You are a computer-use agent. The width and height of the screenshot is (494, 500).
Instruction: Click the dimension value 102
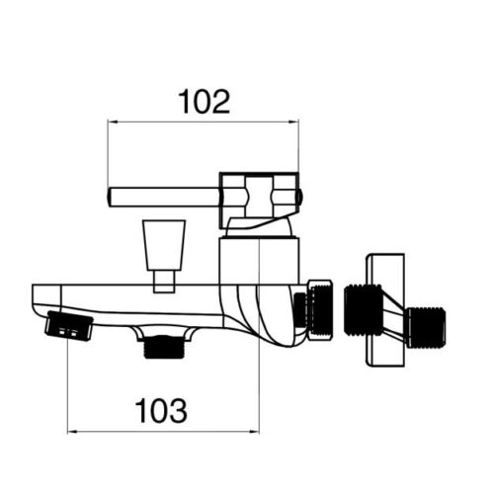tap(204, 102)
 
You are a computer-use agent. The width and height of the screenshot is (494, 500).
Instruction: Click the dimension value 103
tap(161, 411)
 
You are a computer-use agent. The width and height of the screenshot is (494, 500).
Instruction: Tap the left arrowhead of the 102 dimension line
tap(113, 123)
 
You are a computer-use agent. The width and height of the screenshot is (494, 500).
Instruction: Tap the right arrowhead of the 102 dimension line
tap(293, 123)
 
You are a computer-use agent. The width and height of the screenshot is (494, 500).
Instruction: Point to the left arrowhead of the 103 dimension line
tap(72, 432)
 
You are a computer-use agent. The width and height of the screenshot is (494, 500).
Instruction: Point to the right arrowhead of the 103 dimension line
tap(254, 432)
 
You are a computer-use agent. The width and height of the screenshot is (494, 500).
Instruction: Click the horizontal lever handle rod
tap(164, 198)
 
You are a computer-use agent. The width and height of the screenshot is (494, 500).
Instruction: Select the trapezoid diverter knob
tap(164, 245)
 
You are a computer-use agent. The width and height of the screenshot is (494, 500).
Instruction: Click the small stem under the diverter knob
tap(164, 282)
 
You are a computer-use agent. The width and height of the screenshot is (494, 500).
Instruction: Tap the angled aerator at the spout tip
tap(69, 326)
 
